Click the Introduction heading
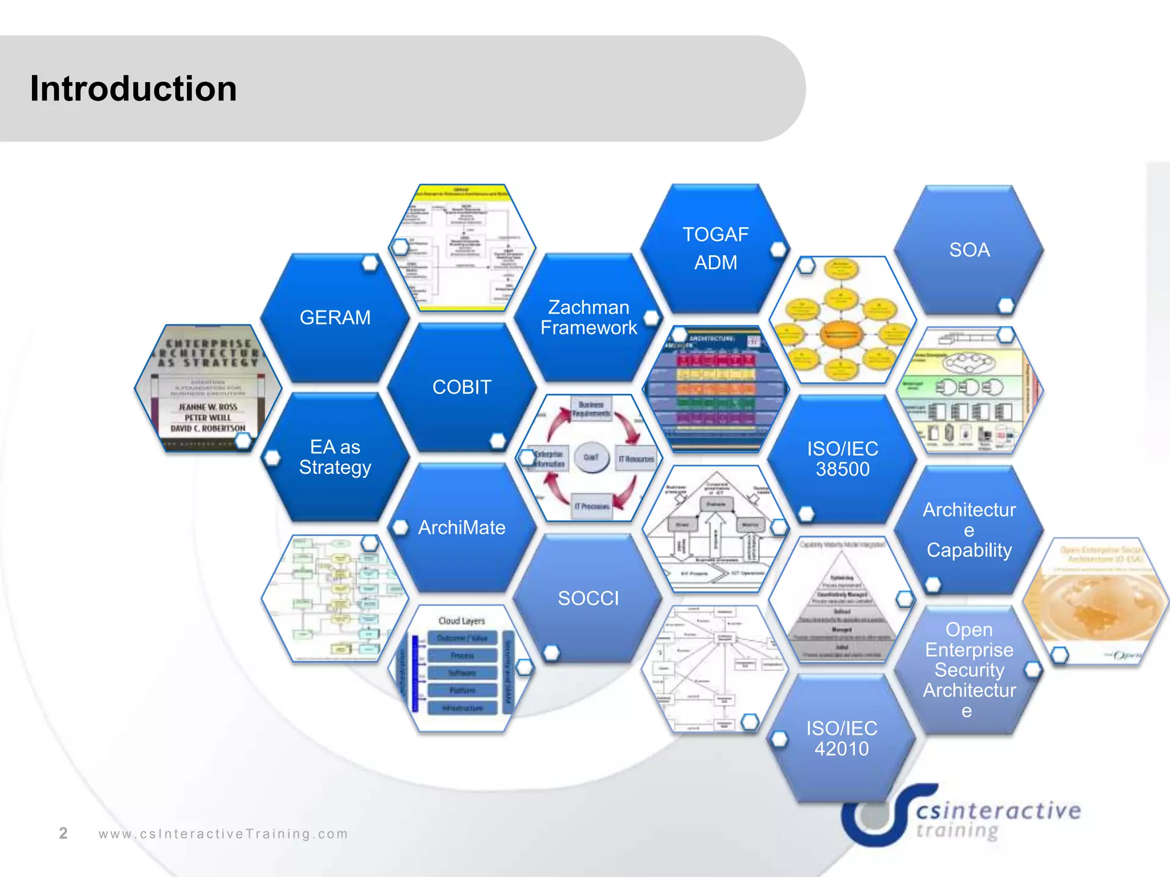(x=133, y=88)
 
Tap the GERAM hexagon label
(x=335, y=317)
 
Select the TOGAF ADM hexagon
(x=715, y=248)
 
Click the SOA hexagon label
(x=969, y=250)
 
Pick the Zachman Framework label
(x=588, y=317)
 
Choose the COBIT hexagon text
(x=462, y=387)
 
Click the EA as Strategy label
(x=335, y=457)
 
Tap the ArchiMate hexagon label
(x=462, y=528)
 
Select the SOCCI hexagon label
(x=588, y=598)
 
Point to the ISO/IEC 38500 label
(x=842, y=458)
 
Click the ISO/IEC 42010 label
(x=842, y=738)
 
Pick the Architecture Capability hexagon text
(x=969, y=530)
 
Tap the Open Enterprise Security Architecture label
(x=969, y=670)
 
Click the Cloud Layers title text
(x=462, y=621)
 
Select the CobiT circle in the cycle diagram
(x=591, y=457)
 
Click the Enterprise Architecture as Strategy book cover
(x=208, y=388)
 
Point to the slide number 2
(x=63, y=833)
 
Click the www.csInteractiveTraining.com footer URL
(x=223, y=834)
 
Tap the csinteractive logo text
(x=998, y=811)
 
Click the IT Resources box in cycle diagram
(x=636, y=459)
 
